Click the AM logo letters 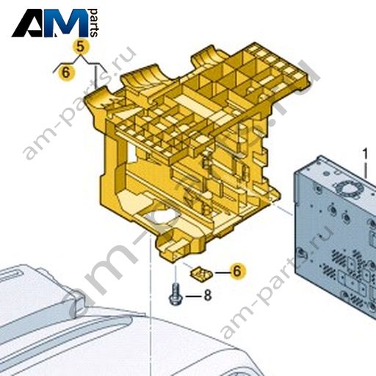coord(50,23)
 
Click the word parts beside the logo coord(93,23)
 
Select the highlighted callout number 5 coord(80,46)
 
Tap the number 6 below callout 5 coord(65,73)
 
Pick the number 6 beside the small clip coord(236,271)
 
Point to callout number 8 coord(208,295)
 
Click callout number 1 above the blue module coord(365,154)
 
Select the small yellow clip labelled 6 coord(201,274)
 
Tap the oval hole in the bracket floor coord(162,216)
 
